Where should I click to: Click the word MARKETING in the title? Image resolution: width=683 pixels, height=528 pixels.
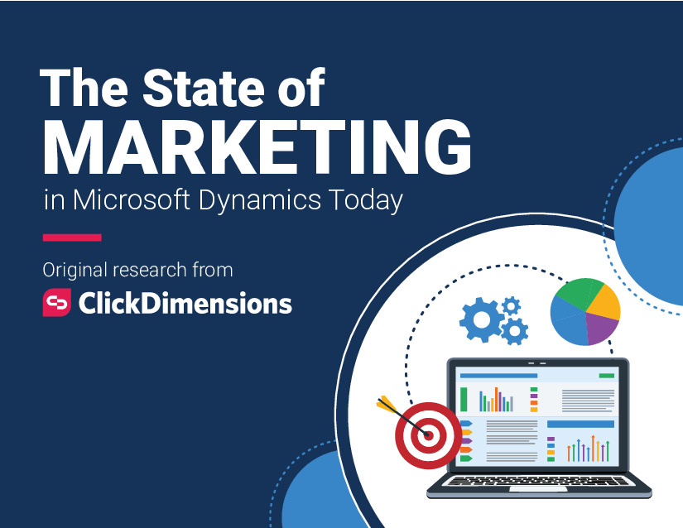point(257,146)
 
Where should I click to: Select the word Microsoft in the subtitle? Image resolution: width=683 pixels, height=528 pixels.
point(132,199)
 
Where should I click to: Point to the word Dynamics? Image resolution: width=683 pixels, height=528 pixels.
point(260,200)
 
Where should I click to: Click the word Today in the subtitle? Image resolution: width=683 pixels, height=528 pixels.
point(365,200)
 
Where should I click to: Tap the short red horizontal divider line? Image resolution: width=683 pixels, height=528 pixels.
point(72,238)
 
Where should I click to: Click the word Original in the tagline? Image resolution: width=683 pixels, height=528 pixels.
point(75,270)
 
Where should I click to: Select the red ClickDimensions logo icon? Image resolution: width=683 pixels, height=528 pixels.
point(56,302)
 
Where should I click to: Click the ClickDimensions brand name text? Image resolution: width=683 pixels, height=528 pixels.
point(185,303)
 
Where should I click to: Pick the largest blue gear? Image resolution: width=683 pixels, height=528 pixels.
point(481,320)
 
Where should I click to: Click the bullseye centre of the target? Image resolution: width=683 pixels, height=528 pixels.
point(428,434)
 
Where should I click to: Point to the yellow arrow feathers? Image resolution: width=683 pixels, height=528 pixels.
point(386,404)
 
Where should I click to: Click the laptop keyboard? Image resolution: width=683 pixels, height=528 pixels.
point(538,481)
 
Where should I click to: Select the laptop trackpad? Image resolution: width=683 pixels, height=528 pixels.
point(538,489)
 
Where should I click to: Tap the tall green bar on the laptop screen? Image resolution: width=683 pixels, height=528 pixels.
point(464,399)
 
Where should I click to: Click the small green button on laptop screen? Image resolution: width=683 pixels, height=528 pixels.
point(606,375)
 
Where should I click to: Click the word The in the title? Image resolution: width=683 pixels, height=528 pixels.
point(84,88)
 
